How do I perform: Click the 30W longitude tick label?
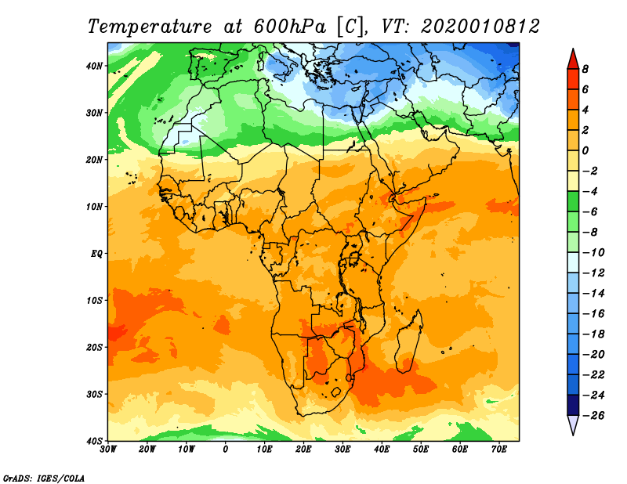coord(108,450)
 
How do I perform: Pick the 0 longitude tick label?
coord(226,450)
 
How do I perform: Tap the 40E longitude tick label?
coord(382,450)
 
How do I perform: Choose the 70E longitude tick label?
coord(499,450)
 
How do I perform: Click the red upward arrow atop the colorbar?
coord(573,59)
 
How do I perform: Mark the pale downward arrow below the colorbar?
coord(573,425)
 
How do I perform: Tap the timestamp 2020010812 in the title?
coord(480,26)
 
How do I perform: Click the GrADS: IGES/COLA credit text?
coord(45,477)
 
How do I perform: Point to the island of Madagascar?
coord(408,341)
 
